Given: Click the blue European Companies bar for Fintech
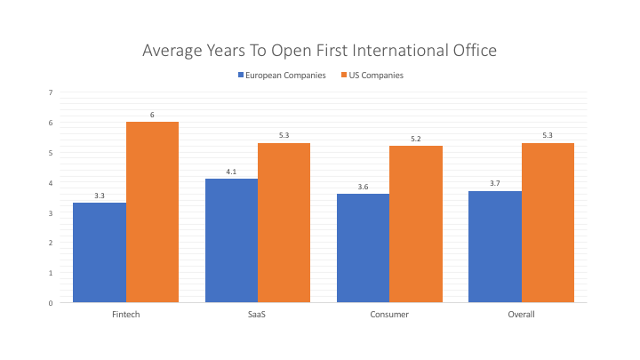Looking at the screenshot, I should (x=100, y=253).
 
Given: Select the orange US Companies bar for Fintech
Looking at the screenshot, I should (x=152, y=212).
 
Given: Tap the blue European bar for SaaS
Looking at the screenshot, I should (x=231, y=241).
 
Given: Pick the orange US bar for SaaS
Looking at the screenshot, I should (x=284, y=223).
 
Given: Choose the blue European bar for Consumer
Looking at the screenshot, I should (x=364, y=249).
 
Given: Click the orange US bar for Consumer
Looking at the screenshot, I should (x=416, y=225).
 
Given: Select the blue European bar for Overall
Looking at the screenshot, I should (x=495, y=247).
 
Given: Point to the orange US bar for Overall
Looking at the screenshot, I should (x=548, y=223).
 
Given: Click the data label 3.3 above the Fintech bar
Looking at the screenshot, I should (x=100, y=195).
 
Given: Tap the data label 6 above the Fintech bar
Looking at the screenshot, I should (x=152, y=115).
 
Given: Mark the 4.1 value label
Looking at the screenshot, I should (x=231, y=172).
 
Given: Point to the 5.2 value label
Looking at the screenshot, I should (x=416, y=139).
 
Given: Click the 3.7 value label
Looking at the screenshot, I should (x=495, y=183).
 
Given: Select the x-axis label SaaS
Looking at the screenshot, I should (x=258, y=315).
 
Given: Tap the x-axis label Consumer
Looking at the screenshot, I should (x=389, y=315).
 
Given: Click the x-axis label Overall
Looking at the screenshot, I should (x=522, y=315).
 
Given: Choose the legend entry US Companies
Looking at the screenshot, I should (x=378, y=76).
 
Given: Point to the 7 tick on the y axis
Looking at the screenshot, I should (x=50, y=92).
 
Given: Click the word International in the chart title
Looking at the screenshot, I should (x=388, y=51).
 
